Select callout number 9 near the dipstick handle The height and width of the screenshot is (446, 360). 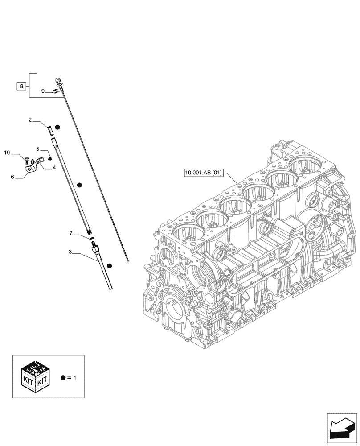pyautogui.click(x=43, y=91)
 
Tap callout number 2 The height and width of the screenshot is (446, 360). pyautogui.click(x=30, y=120)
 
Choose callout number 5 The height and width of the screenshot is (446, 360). pyautogui.click(x=38, y=149)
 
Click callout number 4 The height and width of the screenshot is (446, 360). pyautogui.click(x=54, y=168)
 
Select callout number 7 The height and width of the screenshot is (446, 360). pyautogui.click(x=71, y=233)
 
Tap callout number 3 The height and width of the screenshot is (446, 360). pyautogui.click(x=70, y=252)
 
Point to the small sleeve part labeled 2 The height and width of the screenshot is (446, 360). pyautogui.click(x=50, y=130)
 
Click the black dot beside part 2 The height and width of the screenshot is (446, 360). pyautogui.click(x=58, y=128)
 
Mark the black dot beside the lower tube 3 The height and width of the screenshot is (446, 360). pyautogui.click(x=109, y=265)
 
